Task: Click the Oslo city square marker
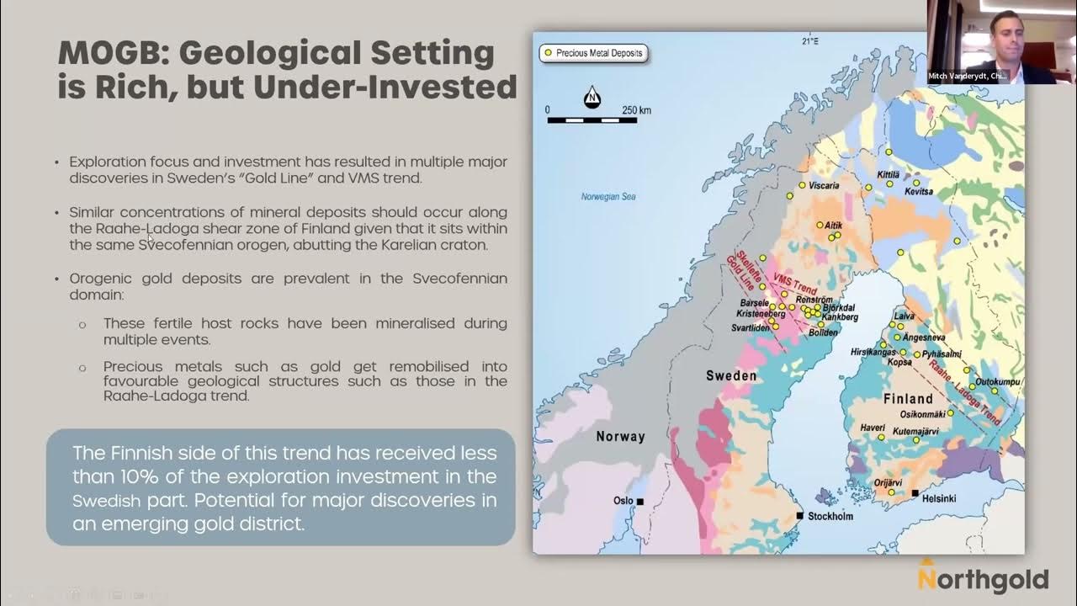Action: click(x=639, y=502)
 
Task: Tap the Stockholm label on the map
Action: click(x=830, y=516)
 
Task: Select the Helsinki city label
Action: click(x=939, y=498)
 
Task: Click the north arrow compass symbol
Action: click(x=592, y=98)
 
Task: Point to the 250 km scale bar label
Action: click(x=637, y=110)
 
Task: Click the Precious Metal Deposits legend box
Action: click(x=593, y=53)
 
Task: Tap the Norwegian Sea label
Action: click(x=608, y=197)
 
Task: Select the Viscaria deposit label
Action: click(x=824, y=185)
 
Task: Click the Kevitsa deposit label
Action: click(x=919, y=192)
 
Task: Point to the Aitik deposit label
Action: click(x=832, y=226)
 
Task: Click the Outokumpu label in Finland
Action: click(x=997, y=381)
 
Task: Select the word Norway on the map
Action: click(x=620, y=436)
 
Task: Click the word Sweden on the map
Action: click(x=730, y=375)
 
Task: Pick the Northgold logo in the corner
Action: click(x=982, y=578)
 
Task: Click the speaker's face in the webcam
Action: click(x=1001, y=30)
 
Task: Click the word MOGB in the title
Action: click(x=111, y=53)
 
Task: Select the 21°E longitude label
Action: click(x=809, y=40)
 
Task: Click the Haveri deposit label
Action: click(x=873, y=428)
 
